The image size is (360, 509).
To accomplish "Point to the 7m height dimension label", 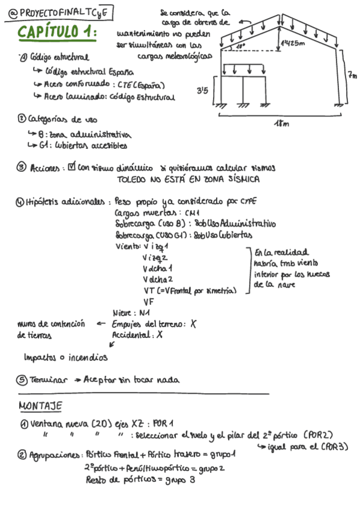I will (352, 75).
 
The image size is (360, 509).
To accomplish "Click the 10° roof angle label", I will (241, 46).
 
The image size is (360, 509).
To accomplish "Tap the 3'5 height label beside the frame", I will (202, 91).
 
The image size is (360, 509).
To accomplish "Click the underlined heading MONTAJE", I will (40, 406).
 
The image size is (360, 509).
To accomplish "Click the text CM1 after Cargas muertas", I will (192, 212).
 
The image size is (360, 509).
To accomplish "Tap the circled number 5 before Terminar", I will (22, 379).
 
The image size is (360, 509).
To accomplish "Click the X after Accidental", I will (160, 336).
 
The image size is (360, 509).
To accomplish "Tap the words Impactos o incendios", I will (65, 357).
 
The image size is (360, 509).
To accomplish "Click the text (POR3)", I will (334, 447).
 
